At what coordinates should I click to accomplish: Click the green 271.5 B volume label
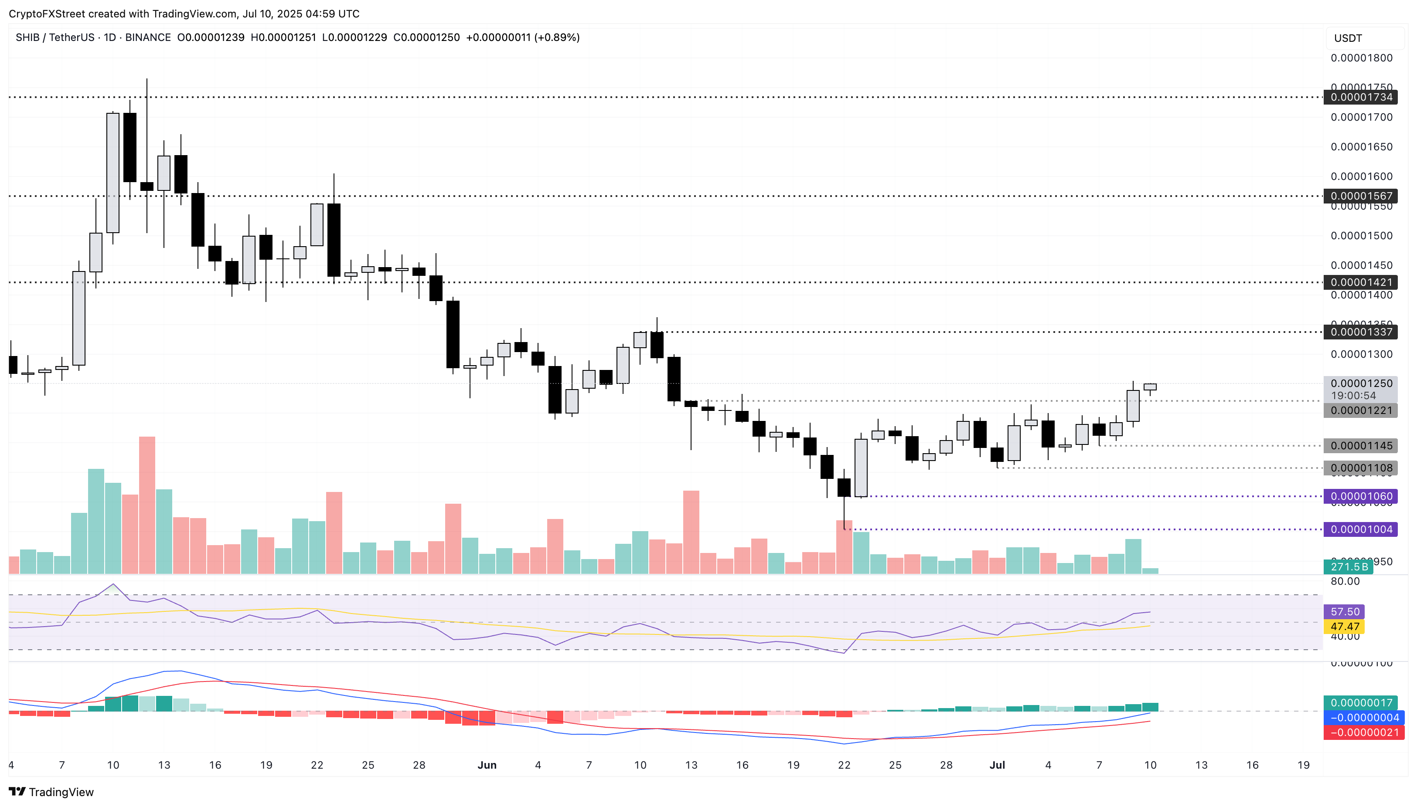tap(1348, 567)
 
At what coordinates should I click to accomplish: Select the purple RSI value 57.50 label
tap(1344, 612)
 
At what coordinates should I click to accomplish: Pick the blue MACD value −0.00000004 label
tap(1363, 718)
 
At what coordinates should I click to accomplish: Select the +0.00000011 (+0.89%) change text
tap(522, 37)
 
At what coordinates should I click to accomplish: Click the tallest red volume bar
tap(147, 505)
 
